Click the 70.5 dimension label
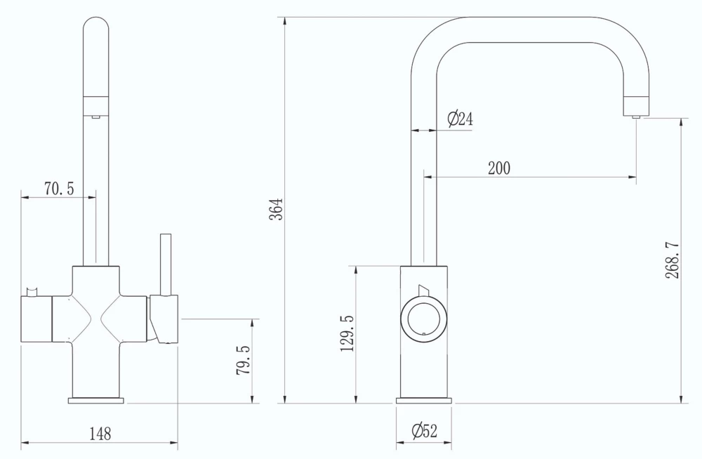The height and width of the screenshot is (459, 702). (x=60, y=188)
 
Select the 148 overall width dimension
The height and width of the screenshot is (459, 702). (x=100, y=434)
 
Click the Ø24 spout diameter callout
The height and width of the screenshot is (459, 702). (x=460, y=119)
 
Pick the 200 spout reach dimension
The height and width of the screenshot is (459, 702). (x=499, y=168)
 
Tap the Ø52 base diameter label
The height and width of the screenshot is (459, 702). (x=424, y=432)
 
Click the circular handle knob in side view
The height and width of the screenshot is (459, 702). (x=423, y=319)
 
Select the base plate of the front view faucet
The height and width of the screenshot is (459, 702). (x=95, y=401)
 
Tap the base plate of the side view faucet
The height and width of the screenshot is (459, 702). (x=424, y=401)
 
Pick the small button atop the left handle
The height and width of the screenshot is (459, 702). (x=31, y=291)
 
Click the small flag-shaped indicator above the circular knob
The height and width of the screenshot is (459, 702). (x=422, y=291)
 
